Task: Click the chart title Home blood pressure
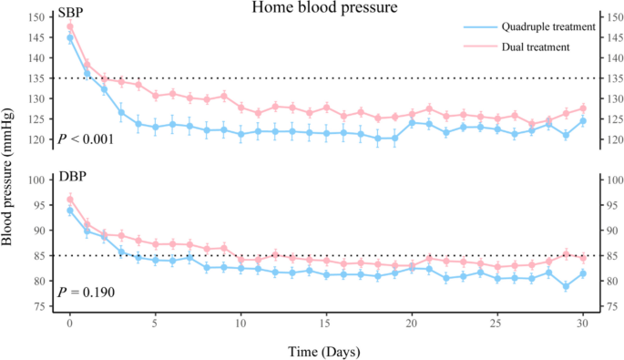(311, 8)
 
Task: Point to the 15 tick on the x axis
(326, 324)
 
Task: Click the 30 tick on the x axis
(582, 324)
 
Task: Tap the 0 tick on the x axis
(70, 324)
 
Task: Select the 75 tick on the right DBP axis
(609, 306)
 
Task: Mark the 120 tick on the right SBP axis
(612, 139)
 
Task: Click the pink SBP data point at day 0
(70, 26)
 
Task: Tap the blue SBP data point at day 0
(70, 38)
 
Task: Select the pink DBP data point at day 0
(70, 199)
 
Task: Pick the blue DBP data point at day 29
(566, 286)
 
